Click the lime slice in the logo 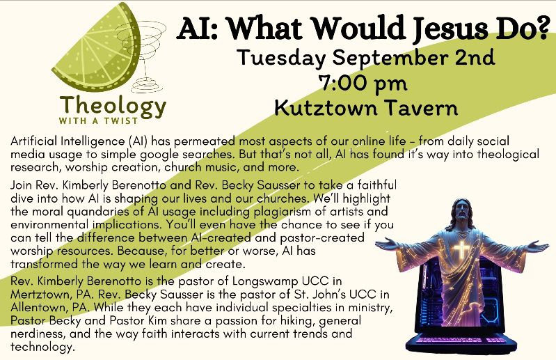pyautogui.click(x=97, y=49)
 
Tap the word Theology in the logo pyautogui.click(x=113, y=106)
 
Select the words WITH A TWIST pyautogui.click(x=98, y=121)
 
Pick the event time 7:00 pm pyautogui.click(x=363, y=84)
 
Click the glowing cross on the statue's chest pyautogui.click(x=461, y=249)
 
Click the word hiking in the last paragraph pyautogui.click(x=298, y=320)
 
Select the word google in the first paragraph pyautogui.click(x=159, y=155)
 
